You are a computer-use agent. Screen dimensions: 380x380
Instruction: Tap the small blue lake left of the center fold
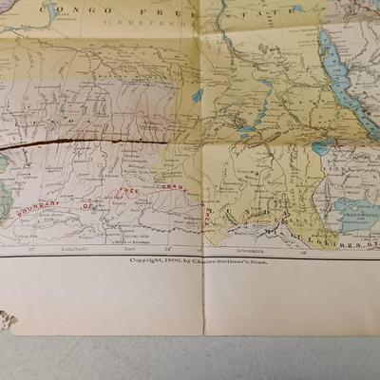pos(196,96)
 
